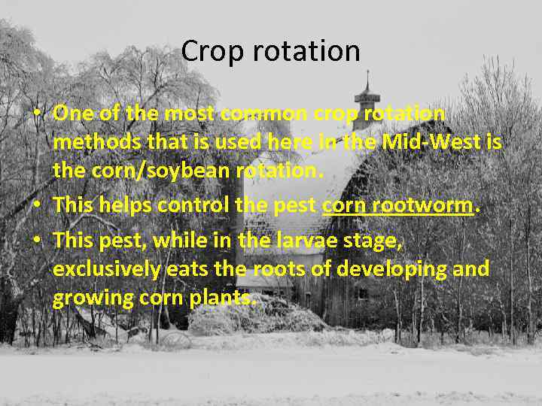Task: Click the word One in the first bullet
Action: (x=74, y=114)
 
